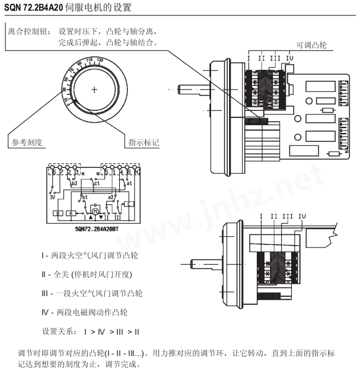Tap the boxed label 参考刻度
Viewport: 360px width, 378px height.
27,142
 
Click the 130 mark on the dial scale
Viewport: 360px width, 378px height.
100,60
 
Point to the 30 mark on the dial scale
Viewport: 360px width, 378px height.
64,89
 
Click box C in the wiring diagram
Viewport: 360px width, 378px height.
130,204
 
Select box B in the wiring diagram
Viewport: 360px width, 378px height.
58,212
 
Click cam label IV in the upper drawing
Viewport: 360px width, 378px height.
289,58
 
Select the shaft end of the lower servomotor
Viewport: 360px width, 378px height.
199,263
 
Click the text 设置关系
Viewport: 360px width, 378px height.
58,331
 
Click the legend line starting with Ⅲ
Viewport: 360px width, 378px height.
92,293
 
